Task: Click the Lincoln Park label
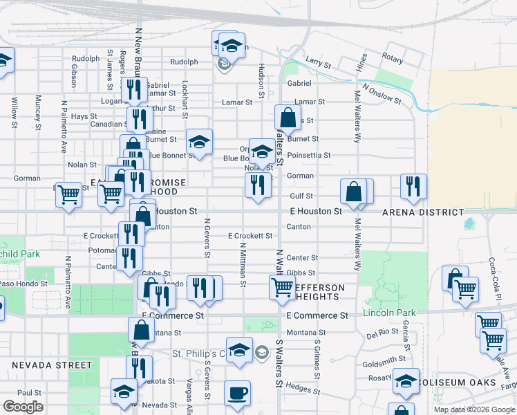click(x=389, y=313)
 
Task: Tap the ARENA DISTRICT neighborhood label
click(x=422, y=212)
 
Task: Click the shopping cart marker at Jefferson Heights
click(x=282, y=287)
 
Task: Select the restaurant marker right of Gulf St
click(x=413, y=186)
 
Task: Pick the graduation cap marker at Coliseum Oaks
click(x=405, y=381)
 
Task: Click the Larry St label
click(x=319, y=62)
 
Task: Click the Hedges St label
click(x=299, y=388)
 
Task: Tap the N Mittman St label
click(x=243, y=264)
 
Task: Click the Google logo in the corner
click(x=23, y=407)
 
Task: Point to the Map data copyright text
click(x=473, y=409)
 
